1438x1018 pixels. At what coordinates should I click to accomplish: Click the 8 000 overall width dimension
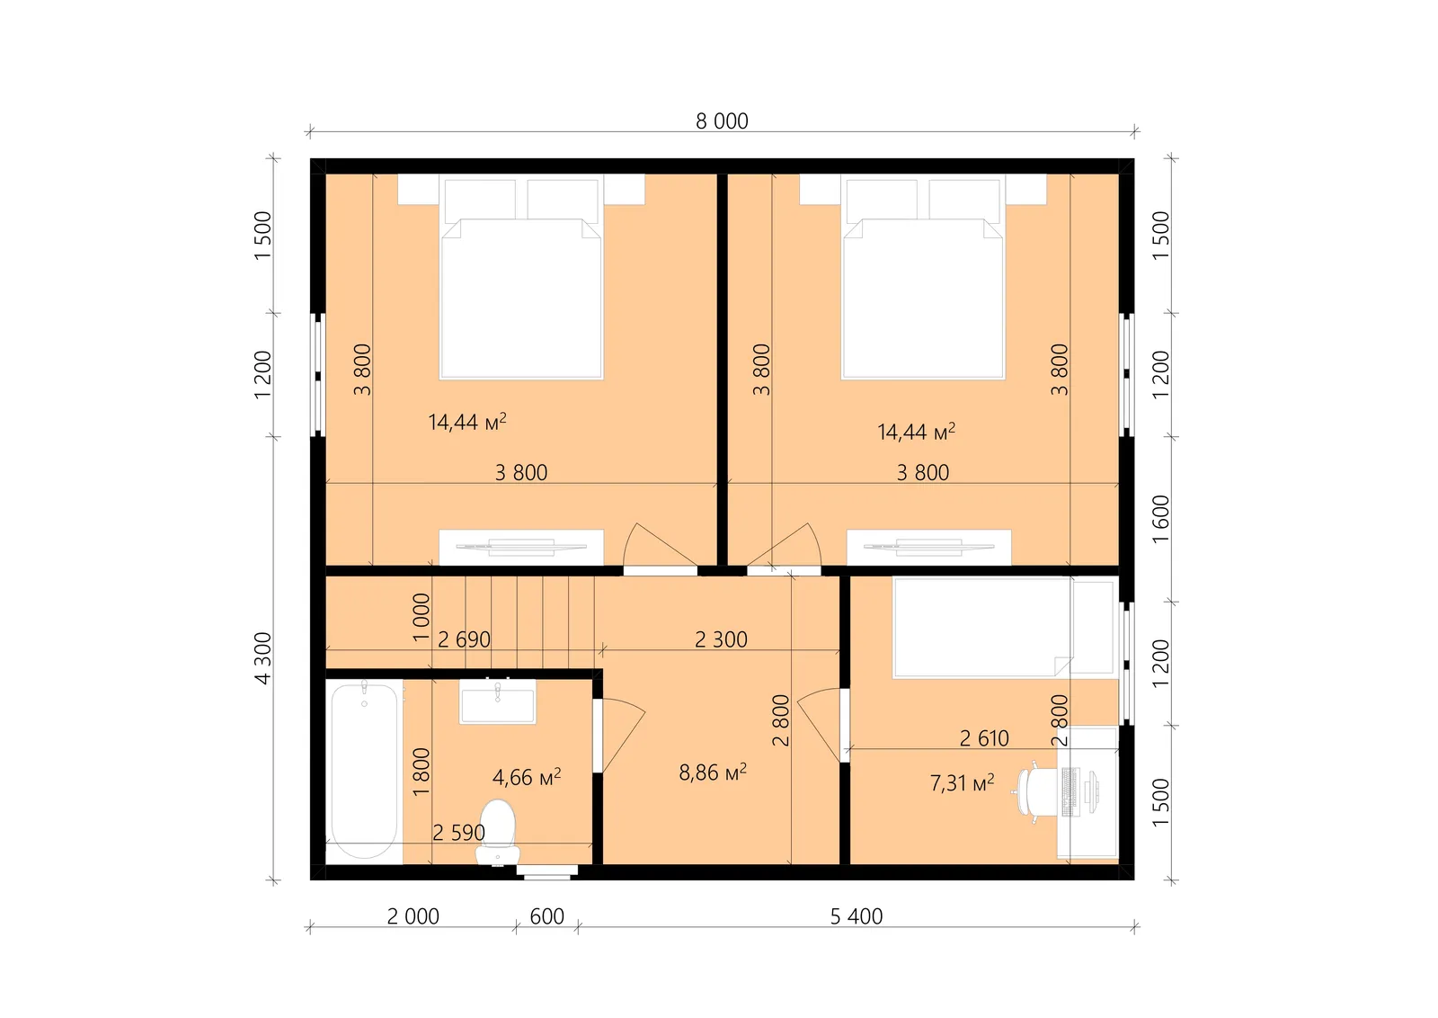coord(722,121)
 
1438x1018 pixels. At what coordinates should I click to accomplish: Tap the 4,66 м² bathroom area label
coord(527,777)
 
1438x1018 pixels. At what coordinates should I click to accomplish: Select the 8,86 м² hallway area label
coord(713,772)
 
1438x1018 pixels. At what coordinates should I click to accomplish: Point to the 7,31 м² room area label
coord(962,782)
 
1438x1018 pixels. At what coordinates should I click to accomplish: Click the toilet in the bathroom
coord(498,833)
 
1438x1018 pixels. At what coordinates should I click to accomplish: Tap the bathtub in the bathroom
coord(364,772)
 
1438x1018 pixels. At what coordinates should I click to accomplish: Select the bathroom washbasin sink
coord(497,701)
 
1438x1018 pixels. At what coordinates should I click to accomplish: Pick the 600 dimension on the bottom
coord(546,915)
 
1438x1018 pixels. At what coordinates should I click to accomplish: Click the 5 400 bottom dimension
coord(856,915)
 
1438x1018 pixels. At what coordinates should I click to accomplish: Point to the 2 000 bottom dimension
coord(413,915)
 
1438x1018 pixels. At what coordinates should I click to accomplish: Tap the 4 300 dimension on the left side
coord(263,658)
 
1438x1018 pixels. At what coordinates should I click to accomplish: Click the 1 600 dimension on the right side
coord(1160,519)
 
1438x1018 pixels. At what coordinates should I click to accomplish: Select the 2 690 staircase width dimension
coord(464,639)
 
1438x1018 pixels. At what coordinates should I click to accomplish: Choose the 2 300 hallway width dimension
coord(721,639)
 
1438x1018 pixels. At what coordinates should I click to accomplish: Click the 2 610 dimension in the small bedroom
coord(984,738)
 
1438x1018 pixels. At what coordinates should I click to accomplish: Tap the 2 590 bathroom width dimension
coord(458,833)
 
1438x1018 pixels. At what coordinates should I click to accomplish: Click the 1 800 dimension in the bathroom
coord(421,772)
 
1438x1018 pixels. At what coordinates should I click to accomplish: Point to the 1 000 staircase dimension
coord(421,617)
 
